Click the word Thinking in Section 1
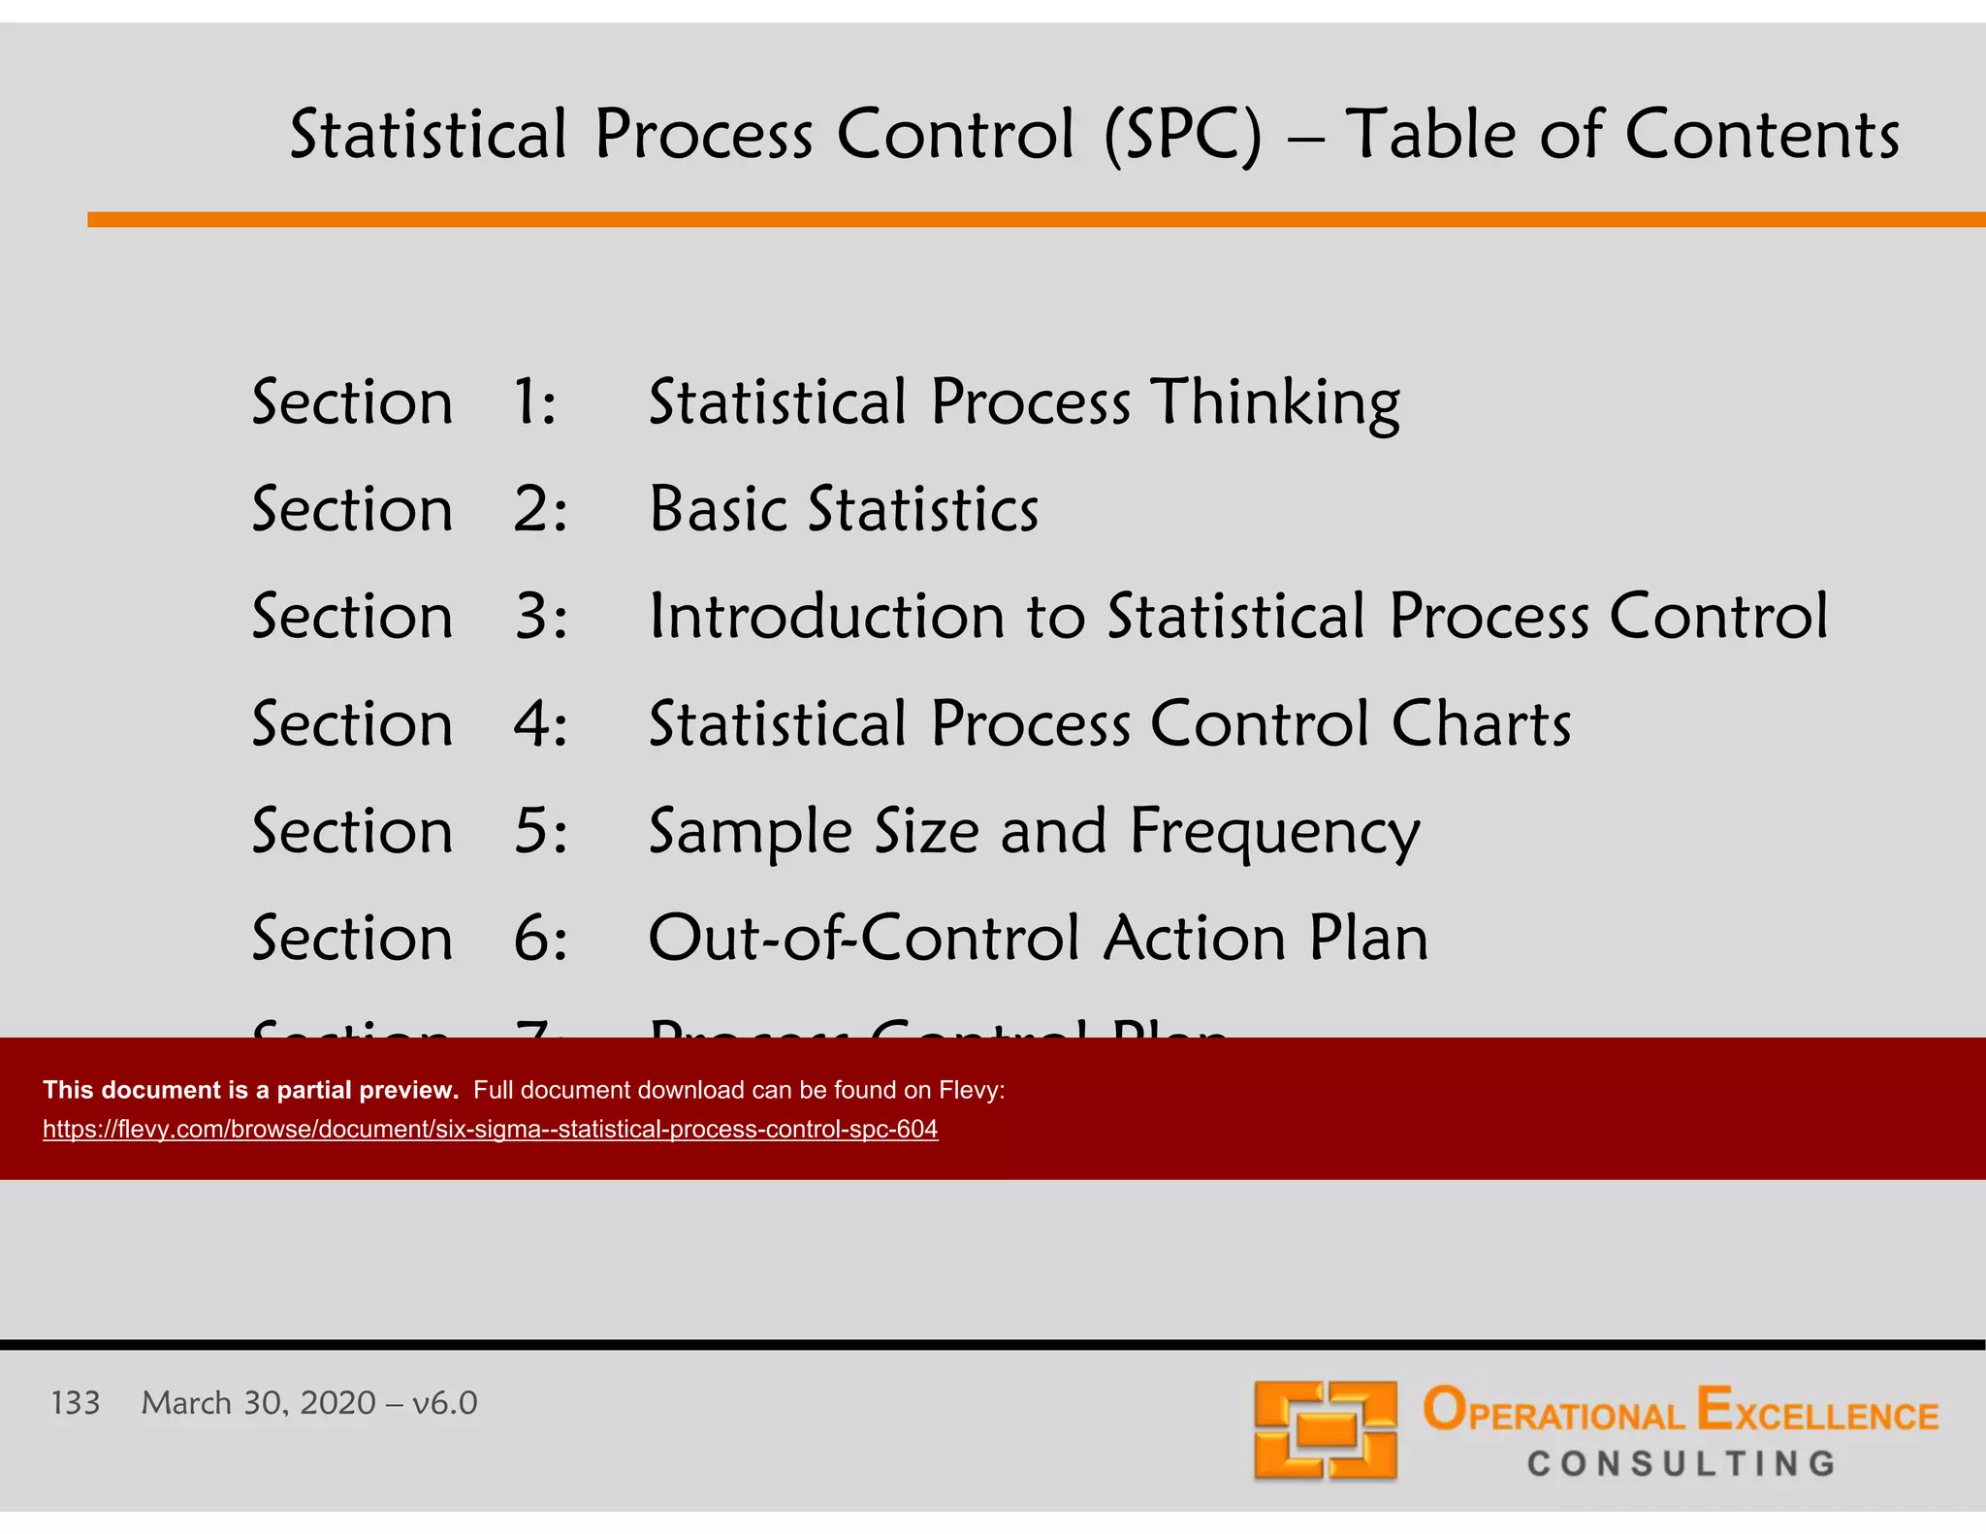tap(1275, 402)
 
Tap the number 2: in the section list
tap(539, 509)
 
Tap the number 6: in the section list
tap(539, 939)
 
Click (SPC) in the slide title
tap(1184, 134)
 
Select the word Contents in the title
tap(1761, 134)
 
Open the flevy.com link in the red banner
tap(490, 1129)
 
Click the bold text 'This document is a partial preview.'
tap(250, 1090)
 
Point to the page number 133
tap(75, 1403)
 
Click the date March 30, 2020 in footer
tap(258, 1403)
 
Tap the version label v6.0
tap(444, 1403)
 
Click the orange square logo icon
tap(1325, 1429)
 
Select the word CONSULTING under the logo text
tap(1682, 1463)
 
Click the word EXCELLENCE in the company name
tap(1817, 1412)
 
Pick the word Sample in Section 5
tap(750, 832)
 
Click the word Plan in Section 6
tap(1368, 939)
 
